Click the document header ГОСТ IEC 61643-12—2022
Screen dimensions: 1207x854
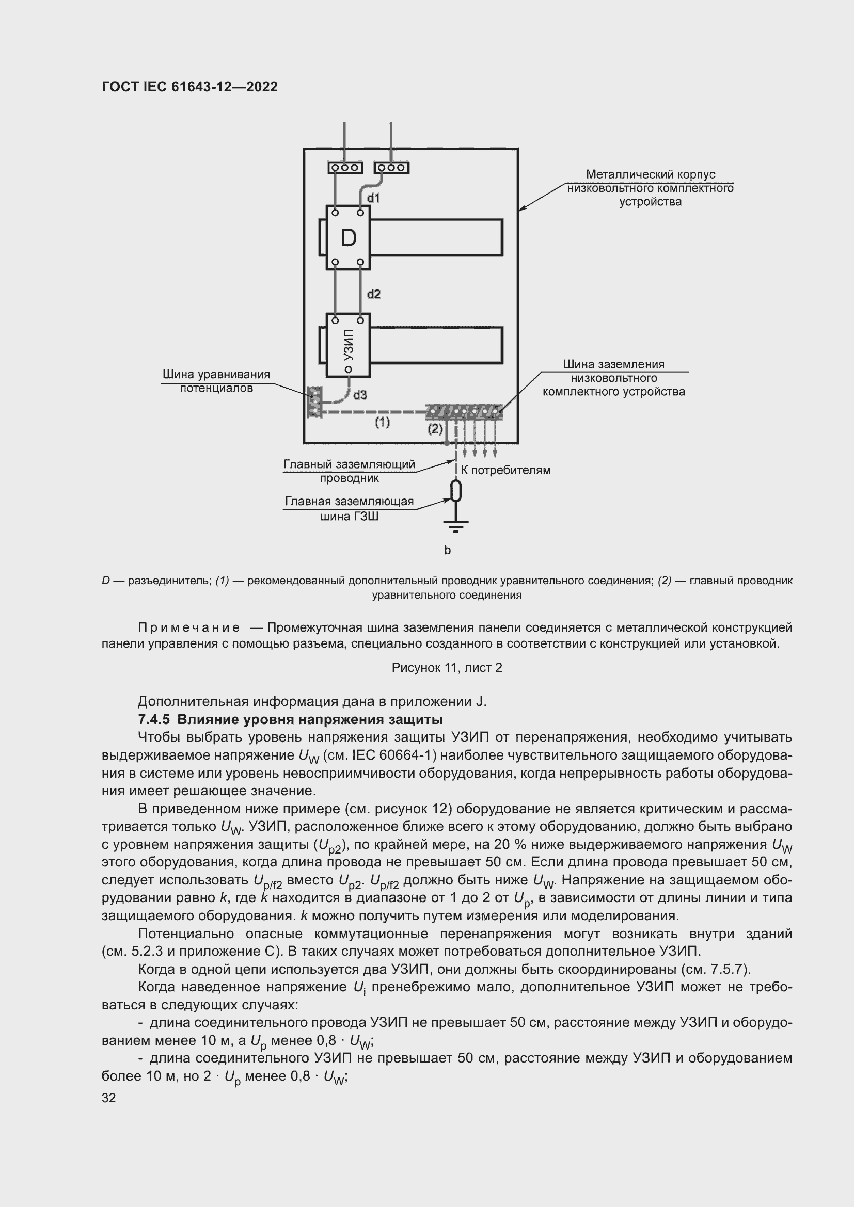click(x=189, y=87)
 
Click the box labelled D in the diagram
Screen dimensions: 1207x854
click(x=348, y=237)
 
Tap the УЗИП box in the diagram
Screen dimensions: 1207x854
click(x=348, y=345)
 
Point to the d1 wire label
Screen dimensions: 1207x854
click(x=373, y=198)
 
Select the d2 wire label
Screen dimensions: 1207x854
click(x=373, y=294)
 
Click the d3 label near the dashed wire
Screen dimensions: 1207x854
click(x=360, y=395)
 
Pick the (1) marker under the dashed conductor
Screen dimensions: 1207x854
click(x=382, y=422)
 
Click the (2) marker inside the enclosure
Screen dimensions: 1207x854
click(x=434, y=429)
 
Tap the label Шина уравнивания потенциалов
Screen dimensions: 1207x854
click(x=216, y=381)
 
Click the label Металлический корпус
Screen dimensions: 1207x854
click(x=650, y=174)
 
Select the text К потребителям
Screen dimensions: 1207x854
click(x=505, y=471)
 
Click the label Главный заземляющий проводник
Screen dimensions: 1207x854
click(x=349, y=471)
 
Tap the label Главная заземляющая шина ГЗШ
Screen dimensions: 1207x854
click(x=349, y=508)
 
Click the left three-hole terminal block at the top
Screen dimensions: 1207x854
click(x=345, y=168)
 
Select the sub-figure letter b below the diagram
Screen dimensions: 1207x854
click(x=448, y=551)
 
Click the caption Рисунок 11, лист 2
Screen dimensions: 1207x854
click(x=447, y=668)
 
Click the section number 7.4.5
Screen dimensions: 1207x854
click(x=153, y=719)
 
